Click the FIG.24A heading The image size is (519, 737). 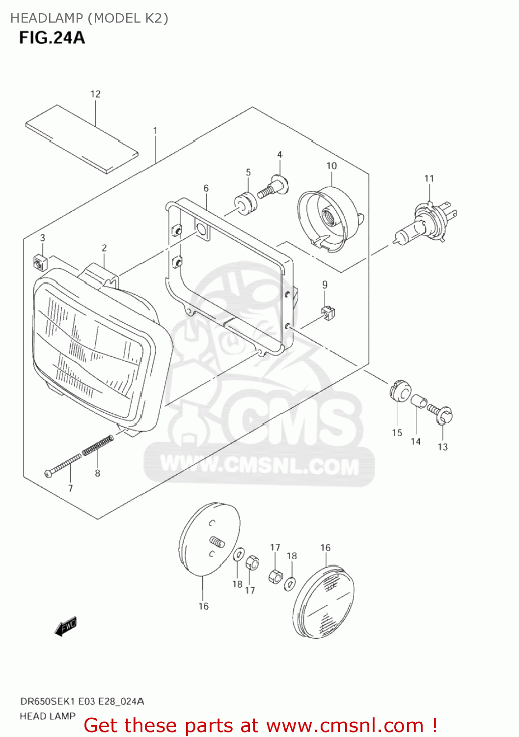(x=52, y=38)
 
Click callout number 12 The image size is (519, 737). (x=95, y=94)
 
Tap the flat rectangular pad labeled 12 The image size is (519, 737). (x=82, y=139)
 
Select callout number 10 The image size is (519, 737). (x=331, y=166)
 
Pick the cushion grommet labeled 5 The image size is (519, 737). (x=245, y=203)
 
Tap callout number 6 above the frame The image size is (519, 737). (x=206, y=188)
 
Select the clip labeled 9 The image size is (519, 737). (x=328, y=312)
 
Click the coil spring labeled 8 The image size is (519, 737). (x=98, y=446)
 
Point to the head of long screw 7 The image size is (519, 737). (x=48, y=473)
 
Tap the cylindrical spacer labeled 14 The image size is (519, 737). (x=418, y=401)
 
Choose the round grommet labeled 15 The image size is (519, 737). (x=400, y=391)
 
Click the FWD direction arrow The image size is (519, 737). (x=66, y=626)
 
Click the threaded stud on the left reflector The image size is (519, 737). (x=217, y=542)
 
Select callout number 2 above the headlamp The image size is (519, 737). (x=104, y=248)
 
